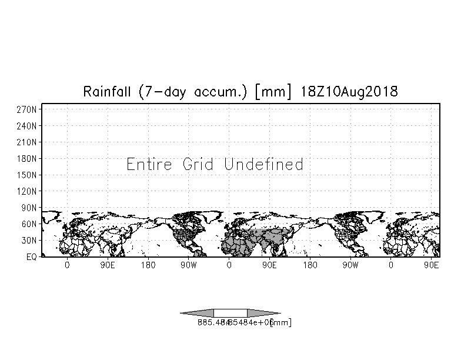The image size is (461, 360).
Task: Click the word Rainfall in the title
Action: pyautogui.click(x=109, y=92)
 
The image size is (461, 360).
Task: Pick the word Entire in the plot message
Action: pyautogui.click(x=149, y=164)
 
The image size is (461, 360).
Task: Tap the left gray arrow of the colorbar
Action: pyautogui.click(x=197, y=313)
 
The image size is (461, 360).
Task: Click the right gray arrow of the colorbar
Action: pyautogui.click(x=263, y=313)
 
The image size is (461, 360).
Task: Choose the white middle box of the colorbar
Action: pyautogui.click(x=230, y=313)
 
